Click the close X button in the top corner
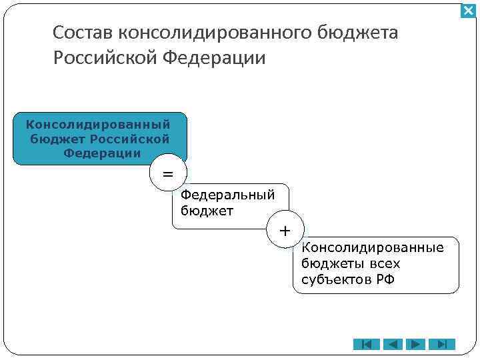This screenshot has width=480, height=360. [x=469, y=11]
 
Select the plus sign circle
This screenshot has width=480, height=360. [x=285, y=231]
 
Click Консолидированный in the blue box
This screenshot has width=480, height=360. [x=98, y=124]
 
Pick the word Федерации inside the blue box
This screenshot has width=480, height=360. [x=102, y=153]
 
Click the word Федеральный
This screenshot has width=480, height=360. [x=228, y=195]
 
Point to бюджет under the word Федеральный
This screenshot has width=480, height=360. [x=207, y=211]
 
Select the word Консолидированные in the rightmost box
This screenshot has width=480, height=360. [x=373, y=248]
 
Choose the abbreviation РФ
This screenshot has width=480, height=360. [x=385, y=279]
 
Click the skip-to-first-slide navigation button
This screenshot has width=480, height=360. [x=366, y=344]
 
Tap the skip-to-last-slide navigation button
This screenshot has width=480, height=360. [x=442, y=344]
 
